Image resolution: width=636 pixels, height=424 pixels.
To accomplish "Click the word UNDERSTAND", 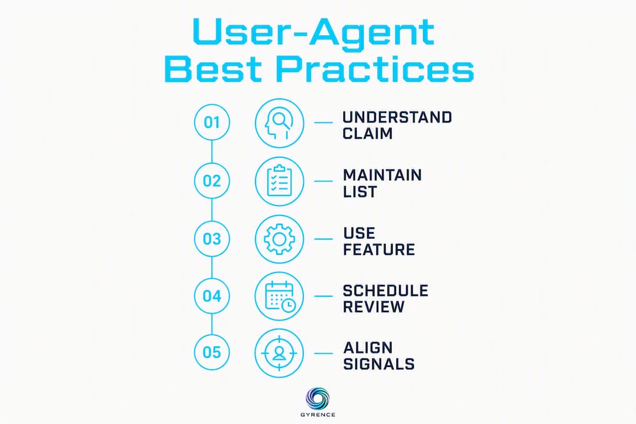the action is pos(397,117).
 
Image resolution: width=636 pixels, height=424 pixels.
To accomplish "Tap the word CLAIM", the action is pos(367,134).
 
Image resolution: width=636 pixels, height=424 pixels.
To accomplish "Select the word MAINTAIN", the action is pos(383,175).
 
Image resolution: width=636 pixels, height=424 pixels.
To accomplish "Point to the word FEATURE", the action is pos(379,250).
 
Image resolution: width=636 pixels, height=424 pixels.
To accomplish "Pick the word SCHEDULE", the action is pos(385,291).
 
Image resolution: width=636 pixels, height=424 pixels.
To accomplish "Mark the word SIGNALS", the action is pos(379,364).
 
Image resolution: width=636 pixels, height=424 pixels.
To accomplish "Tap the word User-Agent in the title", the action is pos(314,32).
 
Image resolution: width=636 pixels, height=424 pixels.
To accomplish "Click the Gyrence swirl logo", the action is pos(317,398).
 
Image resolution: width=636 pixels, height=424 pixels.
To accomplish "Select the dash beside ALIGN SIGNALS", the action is pos(323,353).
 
